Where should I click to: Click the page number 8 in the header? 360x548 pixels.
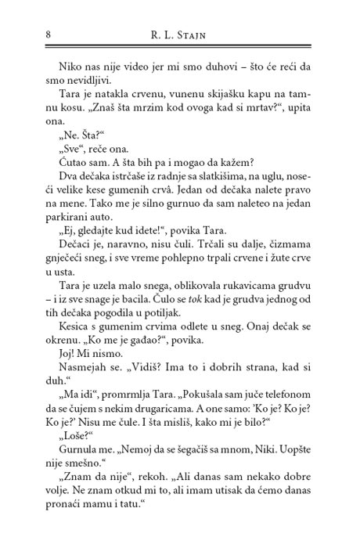[28, 34]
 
